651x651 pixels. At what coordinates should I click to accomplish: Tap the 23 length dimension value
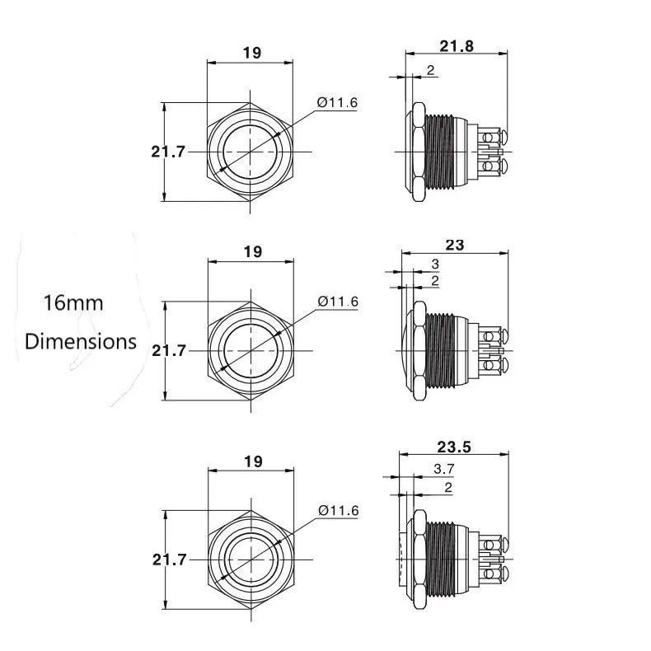pyautogui.click(x=455, y=245)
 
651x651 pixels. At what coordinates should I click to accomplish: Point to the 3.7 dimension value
pyautogui.click(x=443, y=469)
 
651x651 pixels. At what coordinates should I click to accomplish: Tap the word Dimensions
pyautogui.click(x=81, y=341)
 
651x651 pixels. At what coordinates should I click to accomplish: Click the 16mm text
pyautogui.click(x=73, y=303)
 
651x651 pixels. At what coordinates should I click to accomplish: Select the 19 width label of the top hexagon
pyautogui.click(x=251, y=54)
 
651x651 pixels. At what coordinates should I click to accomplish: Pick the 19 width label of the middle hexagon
pyautogui.click(x=251, y=252)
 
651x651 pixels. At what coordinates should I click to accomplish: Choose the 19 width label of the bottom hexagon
pyautogui.click(x=251, y=461)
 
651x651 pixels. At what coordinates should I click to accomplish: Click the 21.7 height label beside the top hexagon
pyautogui.click(x=168, y=151)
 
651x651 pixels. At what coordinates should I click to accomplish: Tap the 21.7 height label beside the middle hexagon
pyautogui.click(x=170, y=350)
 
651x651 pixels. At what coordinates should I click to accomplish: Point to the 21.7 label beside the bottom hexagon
pyautogui.click(x=170, y=559)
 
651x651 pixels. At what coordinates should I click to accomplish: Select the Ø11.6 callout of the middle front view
pyautogui.click(x=338, y=302)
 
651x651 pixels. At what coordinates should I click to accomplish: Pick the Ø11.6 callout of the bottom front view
pyautogui.click(x=338, y=511)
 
